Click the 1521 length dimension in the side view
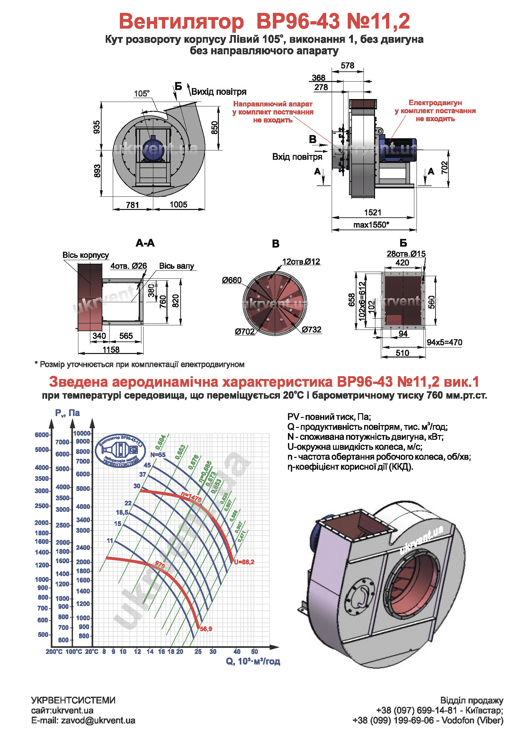coord(372,212)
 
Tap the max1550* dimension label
coord(371,225)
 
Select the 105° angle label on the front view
coord(142,94)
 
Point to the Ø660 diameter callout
coord(231,280)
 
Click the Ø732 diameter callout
coord(311,330)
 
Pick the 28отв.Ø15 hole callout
coord(406,253)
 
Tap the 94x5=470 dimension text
coord(444,342)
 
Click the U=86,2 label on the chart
coord(244,562)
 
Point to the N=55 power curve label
coord(158,455)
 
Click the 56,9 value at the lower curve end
coord(206,629)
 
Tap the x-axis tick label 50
coord(254,652)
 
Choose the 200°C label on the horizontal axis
coord(54,652)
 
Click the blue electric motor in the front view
coord(153,150)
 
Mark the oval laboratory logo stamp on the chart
coord(121,451)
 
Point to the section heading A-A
coord(145,243)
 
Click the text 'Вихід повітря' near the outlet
coord(219,92)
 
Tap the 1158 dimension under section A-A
coord(111,349)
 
